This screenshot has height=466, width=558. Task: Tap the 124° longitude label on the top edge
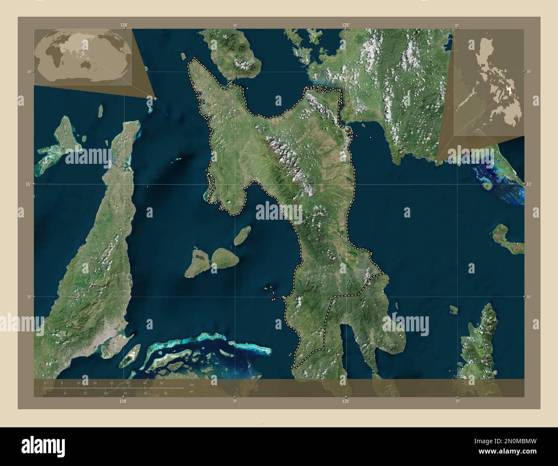(x=124, y=25)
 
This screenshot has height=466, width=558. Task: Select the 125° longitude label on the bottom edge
(x=346, y=401)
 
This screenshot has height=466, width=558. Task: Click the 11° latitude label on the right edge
(x=529, y=184)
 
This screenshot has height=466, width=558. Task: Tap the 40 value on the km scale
(x=128, y=383)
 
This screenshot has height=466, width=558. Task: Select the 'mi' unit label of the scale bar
(x=191, y=392)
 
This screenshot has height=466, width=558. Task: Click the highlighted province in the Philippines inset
(x=509, y=89)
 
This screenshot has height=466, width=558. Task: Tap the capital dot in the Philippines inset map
(x=484, y=65)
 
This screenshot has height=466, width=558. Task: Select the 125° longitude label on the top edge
(x=346, y=25)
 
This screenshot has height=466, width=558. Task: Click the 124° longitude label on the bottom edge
(x=124, y=401)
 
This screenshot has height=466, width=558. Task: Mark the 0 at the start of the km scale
(x=45, y=383)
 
